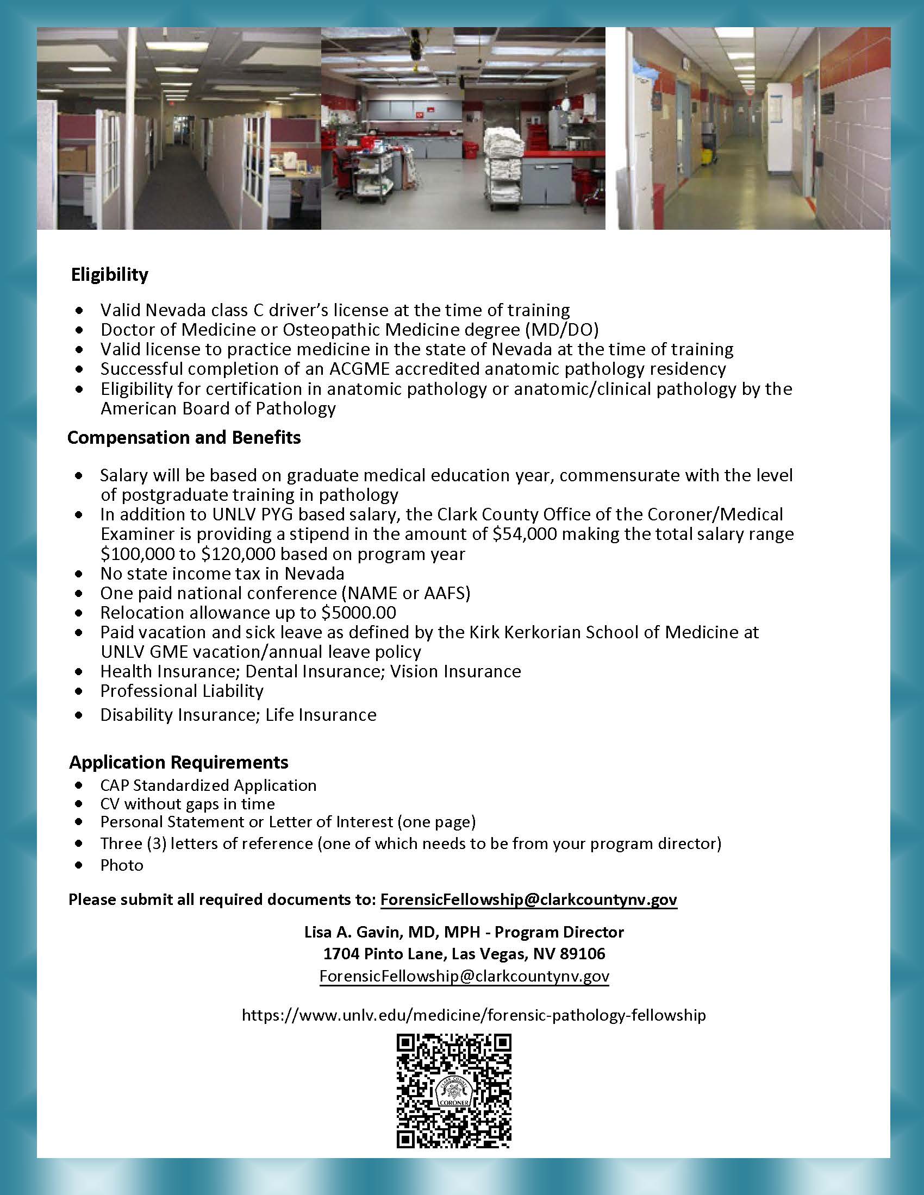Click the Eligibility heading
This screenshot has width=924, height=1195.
(109, 274)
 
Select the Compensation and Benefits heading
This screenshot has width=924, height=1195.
(184, 437)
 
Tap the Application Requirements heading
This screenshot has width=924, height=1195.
(178, 762)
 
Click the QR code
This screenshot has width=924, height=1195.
(454, 1091)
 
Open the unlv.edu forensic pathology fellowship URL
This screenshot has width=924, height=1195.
(473, 1016)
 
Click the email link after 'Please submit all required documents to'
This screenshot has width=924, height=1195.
(528, 900)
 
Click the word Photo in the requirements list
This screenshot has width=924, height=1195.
(122, 865)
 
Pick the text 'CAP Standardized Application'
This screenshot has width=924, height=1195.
(208, 785)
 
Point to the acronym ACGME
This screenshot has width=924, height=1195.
(359, 369)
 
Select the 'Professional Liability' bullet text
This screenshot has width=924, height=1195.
(182, 691)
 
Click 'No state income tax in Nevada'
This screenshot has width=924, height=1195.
(222, 574)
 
